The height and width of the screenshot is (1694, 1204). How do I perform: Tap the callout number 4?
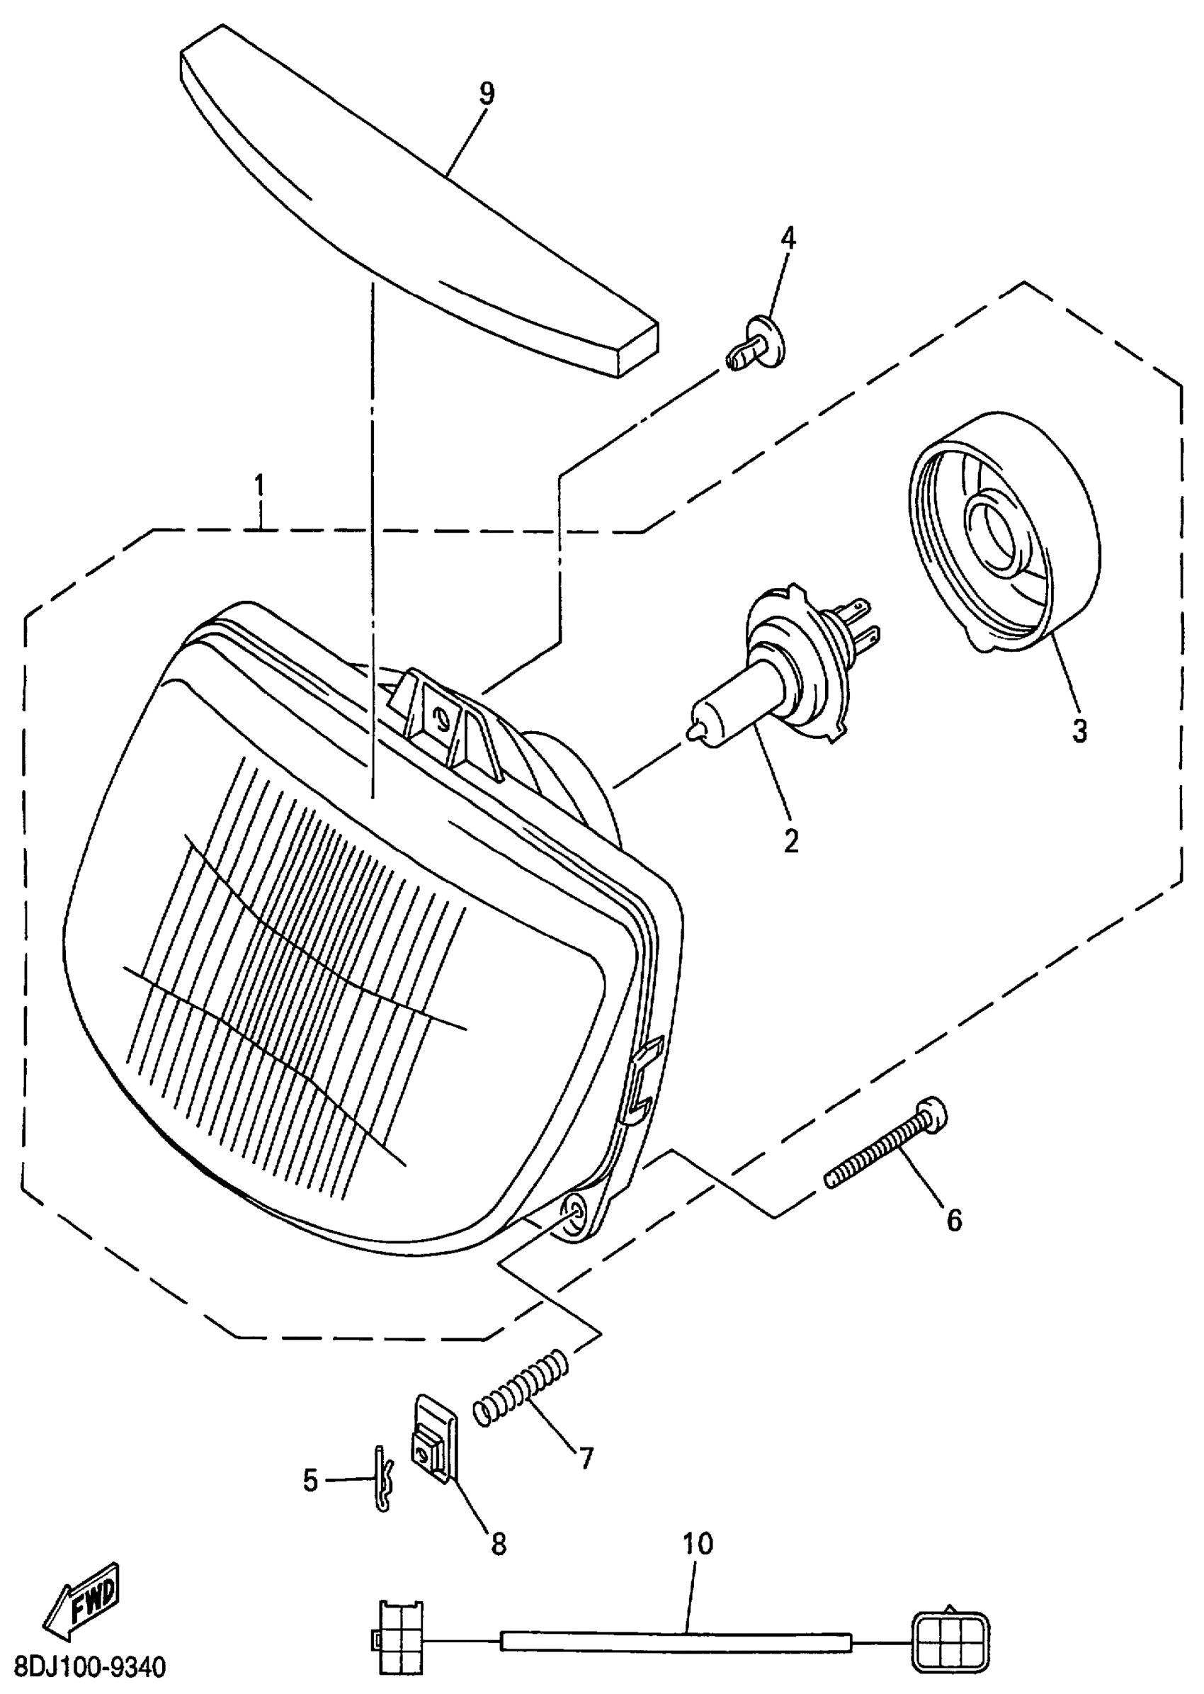pyautogui.click(x=788, y=238)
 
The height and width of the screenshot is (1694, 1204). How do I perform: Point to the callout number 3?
pyautogui.click(x=1079, y=730)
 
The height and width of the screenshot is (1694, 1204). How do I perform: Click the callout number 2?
pyautogui.click(x=791, y=840)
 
